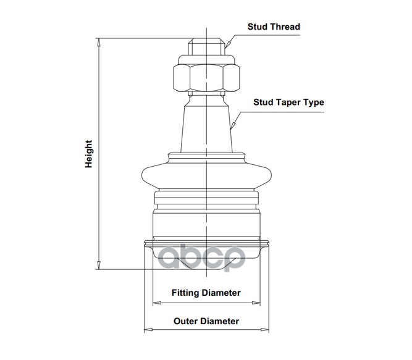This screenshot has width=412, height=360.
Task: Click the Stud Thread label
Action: click(274, 27)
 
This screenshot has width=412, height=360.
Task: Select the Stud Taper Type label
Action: click(288, 103)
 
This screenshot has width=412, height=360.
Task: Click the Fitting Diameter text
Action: click(206, 293)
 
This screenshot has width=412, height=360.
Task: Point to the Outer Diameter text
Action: click(206, 321)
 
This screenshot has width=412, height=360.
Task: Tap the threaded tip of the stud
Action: click(206, 47)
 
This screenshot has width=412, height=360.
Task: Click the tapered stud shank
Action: click(206, 123)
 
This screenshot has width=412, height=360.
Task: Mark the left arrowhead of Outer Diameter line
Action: click(146, 330)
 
